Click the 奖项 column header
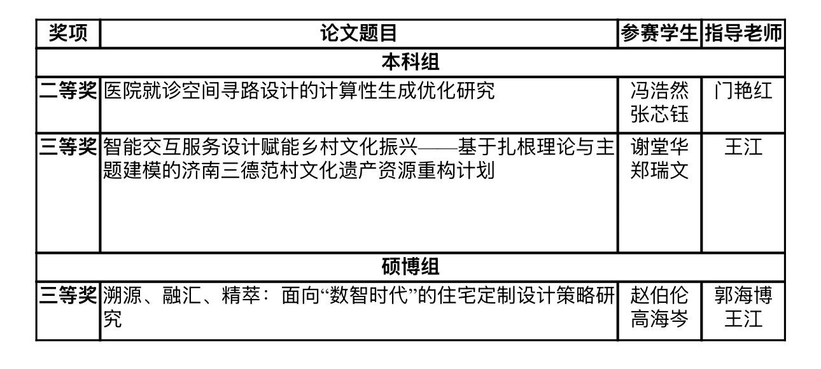(x=68, y=33)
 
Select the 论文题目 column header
(x=358, y=33)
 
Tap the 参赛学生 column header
(x=659, y=33)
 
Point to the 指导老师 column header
(x=743, y=33)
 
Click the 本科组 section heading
(x=410, y=62)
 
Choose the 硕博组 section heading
(x=410, y=267)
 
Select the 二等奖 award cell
(x=68, y=90)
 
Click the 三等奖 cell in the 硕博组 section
(x=68, y=295)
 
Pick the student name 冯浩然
(x=659, y=90)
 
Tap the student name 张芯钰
(x=659, y=114)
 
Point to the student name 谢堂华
(x=659, y=147)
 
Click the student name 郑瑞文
(x=659, y=171)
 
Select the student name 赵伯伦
(x=659, y=295)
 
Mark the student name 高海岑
(x=659, y=319)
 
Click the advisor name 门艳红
(x=743, y=90)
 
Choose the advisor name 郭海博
(x=743, y=295)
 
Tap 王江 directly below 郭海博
(x=743, y=319)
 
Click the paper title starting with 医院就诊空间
(x=298, y=90)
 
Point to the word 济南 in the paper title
(x=200, y=171)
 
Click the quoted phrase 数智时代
(x=368, y=295)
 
